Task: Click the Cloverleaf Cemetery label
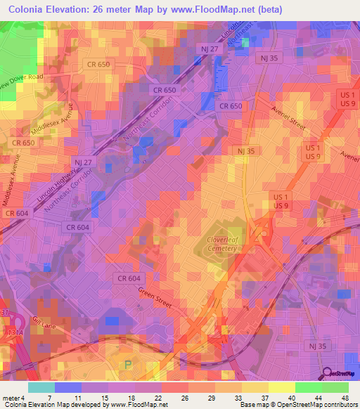point(226,242)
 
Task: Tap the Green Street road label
point(154,294)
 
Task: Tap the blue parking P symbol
point(128,364)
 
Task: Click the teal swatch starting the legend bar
point(41,387)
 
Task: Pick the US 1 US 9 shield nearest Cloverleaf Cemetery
point(281,200)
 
